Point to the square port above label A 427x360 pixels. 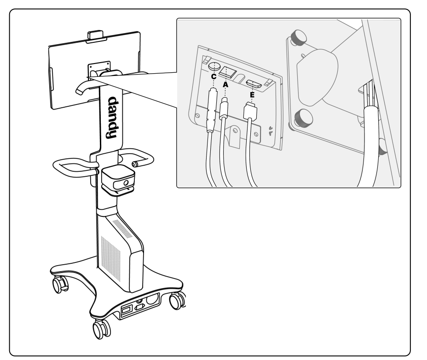pyautogui.click(x=228, y=72)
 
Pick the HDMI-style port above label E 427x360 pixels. pyautogui.click(x=254, y=83)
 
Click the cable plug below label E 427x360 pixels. pyautogui.click(x=251, y=112)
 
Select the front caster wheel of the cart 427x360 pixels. pyautogui.click(x=101, y=328)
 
